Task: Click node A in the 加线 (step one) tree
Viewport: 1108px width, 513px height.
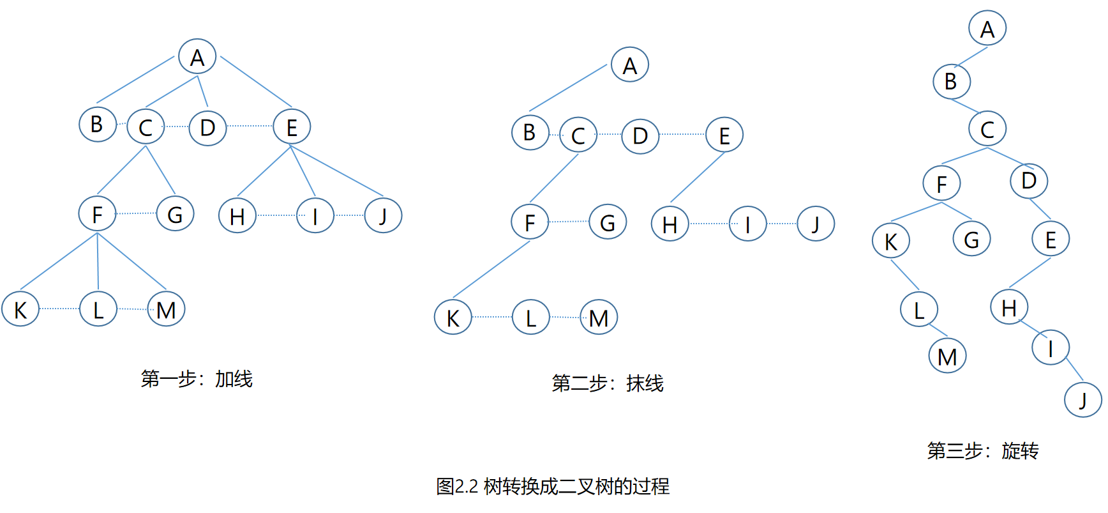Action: pos(197,57)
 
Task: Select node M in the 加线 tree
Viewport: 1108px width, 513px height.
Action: pos(166,310)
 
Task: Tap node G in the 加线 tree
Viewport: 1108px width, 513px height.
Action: pos(175,214)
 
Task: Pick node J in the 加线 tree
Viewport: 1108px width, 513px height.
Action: pos(383,216)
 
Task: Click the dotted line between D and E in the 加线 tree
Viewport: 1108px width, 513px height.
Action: pos(250,126)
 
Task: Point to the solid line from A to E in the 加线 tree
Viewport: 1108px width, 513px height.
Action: pos(255,81)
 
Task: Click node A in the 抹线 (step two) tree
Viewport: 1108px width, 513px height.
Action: pos(630,65)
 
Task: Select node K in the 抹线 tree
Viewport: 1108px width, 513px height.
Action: pos(453,318)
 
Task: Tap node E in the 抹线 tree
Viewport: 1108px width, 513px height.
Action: pos(724,135)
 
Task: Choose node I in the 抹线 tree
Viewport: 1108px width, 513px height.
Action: pos(747,224)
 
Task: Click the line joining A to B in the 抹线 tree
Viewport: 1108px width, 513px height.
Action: pos(567,88)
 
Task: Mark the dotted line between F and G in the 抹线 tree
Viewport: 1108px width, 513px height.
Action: pos(569,222)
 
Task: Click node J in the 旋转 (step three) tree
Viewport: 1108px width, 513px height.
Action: pos(1083,400)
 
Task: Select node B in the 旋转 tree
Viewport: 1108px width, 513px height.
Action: pos(951,82)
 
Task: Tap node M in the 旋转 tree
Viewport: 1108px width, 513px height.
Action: pos(947,356)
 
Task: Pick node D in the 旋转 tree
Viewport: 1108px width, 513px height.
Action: pos(1029,181)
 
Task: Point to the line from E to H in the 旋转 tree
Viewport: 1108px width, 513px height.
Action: pos(1029,273)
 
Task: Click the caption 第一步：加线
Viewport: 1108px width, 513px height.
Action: pos(197,379)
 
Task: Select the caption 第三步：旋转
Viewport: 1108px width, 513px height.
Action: pos(983,451)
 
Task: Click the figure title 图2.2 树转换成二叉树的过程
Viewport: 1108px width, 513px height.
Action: pos(553,487)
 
